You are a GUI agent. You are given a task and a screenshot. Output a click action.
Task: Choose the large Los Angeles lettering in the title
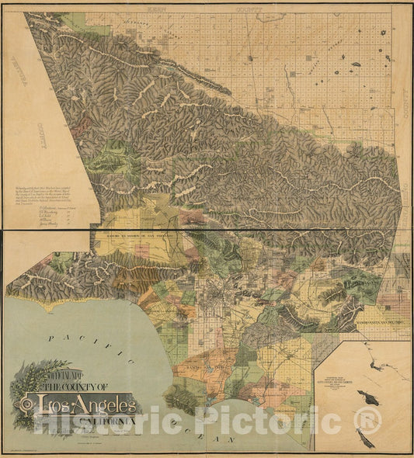(x=86, y=404)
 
